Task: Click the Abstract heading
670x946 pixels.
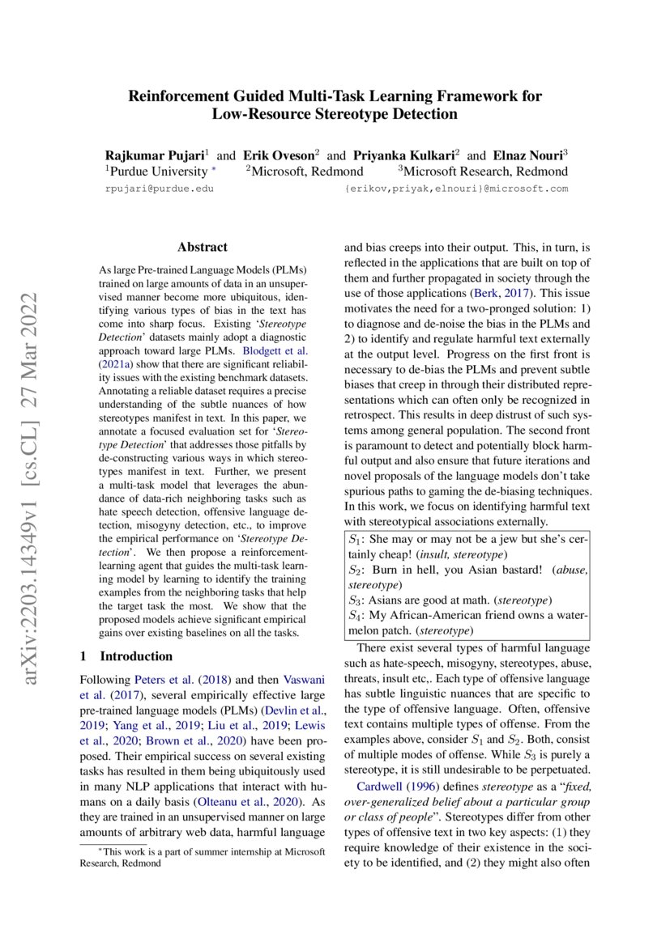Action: point(203,248)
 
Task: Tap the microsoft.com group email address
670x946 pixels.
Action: point(456,189)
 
